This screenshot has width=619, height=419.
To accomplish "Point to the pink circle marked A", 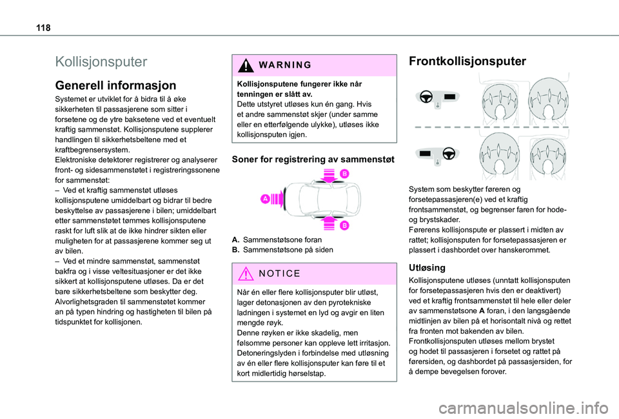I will coord(266,199).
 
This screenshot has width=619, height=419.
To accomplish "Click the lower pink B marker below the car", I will coord(344,224).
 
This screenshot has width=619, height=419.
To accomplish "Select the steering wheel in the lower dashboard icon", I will coord(450,153).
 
